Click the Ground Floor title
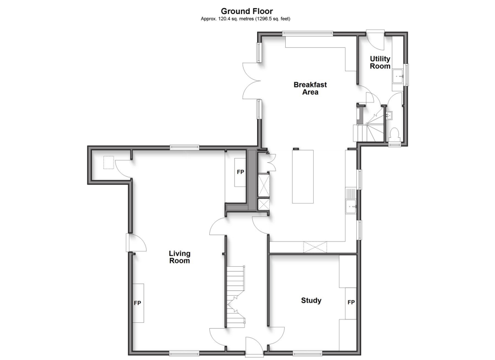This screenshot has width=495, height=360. pos(247,11)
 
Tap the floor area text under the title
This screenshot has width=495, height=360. pos(247,19)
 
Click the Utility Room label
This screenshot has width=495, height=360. pos(380,62)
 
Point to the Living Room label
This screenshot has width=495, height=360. pos(179,257)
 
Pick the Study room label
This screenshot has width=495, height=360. pos(311,301)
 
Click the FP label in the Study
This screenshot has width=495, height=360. pos(351,302)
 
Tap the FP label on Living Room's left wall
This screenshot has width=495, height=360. pos(137,303)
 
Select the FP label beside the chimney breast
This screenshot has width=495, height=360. pos(240,172)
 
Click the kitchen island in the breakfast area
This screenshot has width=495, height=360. pos(302,177)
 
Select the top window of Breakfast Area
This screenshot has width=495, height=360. pos(308,33)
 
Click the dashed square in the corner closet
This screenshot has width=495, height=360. pos(108,162)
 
